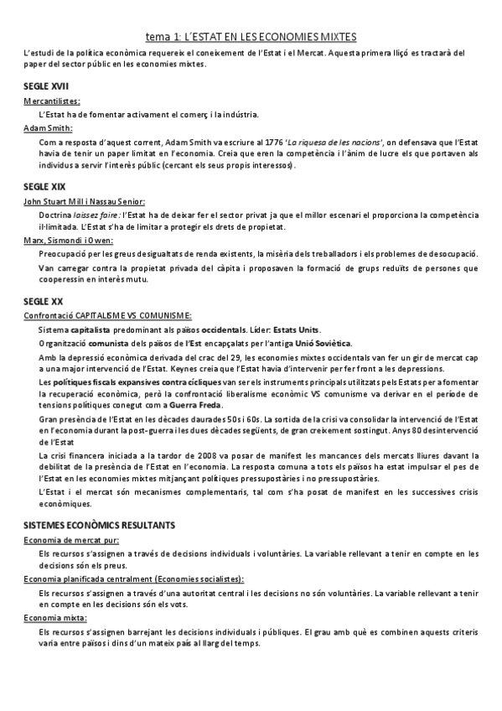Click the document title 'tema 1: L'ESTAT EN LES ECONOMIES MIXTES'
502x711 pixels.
(251, 37)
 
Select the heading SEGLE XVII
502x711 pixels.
(45, 86)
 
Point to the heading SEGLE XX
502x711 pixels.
(43, 299)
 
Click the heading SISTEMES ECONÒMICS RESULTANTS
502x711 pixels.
(99, 524)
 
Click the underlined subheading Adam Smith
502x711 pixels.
(49, 128)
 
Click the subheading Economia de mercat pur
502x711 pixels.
(71, 540)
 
